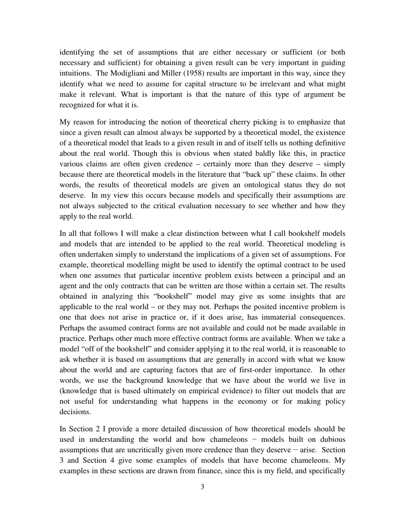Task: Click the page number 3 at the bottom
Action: coord(202,487)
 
